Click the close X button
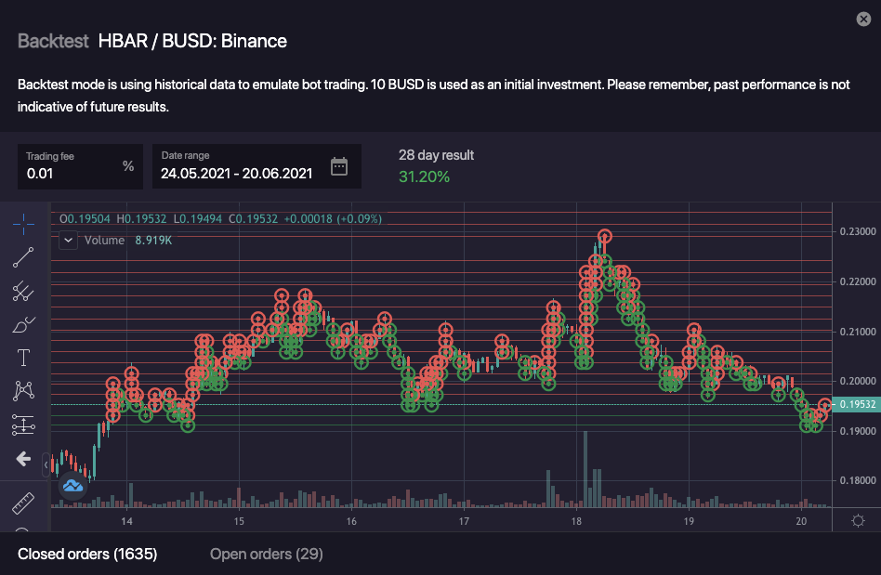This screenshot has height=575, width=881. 863,20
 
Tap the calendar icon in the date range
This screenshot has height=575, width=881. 339,166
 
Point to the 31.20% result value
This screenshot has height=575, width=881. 424,176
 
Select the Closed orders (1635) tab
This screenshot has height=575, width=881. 87,555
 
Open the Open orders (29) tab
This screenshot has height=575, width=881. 266,555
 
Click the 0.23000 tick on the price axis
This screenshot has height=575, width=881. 858,231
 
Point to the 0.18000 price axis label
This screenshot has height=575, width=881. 858,481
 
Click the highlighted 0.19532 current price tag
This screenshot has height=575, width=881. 857,405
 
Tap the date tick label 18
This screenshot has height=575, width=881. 576,522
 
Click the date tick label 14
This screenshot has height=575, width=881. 127,522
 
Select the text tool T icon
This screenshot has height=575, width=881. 23,358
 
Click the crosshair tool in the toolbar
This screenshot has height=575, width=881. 23,224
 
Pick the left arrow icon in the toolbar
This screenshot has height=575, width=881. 23,459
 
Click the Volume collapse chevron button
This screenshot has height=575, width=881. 68,240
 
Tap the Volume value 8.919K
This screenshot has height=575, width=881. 154,240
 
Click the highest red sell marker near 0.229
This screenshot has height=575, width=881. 605,237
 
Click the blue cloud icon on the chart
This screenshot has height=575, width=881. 72,486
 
